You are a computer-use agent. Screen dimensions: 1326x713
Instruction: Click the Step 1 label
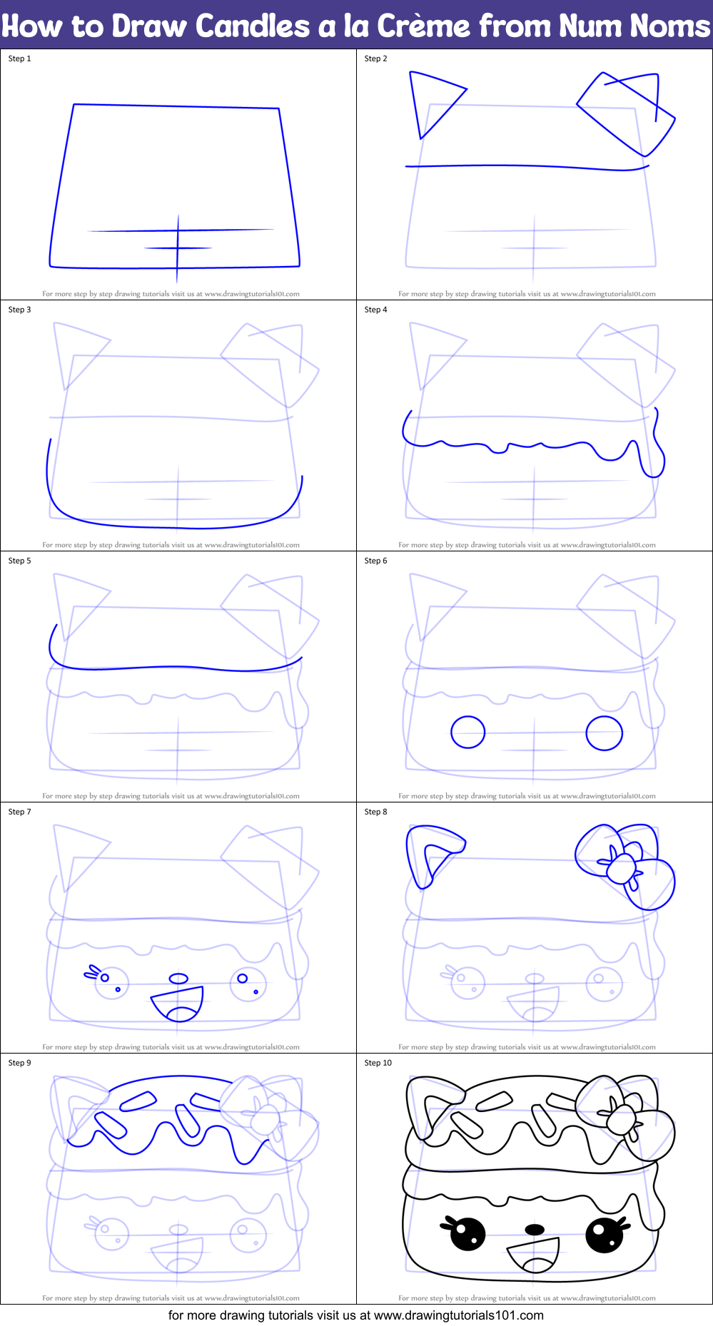pos(19,58)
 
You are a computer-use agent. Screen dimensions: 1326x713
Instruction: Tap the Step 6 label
pos(375,561)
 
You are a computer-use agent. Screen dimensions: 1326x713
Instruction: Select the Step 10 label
pos(378,1063)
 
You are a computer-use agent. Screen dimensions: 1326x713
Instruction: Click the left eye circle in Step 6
pos(467,733)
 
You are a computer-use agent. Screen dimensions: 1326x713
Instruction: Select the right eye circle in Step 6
pos(604,733)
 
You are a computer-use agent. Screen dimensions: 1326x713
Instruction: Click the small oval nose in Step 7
pos(178,979)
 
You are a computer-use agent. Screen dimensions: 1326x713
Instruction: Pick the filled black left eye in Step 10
pos(467,1233)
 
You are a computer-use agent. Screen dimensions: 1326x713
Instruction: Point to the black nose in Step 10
pos(535,1229)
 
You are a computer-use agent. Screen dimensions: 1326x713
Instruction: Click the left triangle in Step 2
pos(432,100)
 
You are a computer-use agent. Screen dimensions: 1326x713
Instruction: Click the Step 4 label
pos(375,310)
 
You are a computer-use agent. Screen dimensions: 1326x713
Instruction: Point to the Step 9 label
pos(19,1063)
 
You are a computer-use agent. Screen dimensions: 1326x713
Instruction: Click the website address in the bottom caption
pos(458,1315)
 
